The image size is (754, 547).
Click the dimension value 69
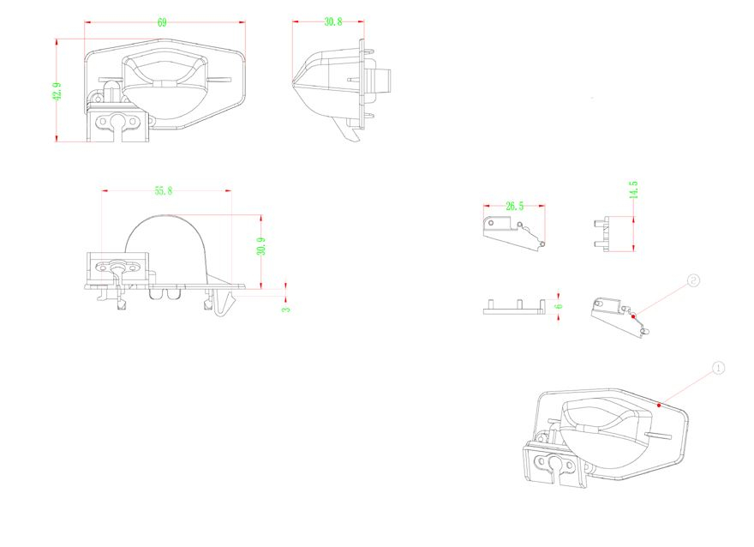coord(162,23)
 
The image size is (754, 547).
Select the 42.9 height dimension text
coord(57,92)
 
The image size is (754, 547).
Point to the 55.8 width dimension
coord(162,190)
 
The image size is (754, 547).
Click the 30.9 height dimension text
coord(261,246)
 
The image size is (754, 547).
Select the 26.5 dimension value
coord(515,207)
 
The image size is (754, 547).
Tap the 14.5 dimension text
coord(633,190)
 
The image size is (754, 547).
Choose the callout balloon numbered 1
coord(719,368)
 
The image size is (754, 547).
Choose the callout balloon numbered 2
coord(693,280)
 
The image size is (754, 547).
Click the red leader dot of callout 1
coord(657,402)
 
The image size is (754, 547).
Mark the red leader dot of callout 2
coord(633,316)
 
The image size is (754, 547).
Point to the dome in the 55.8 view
coord(167,244)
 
